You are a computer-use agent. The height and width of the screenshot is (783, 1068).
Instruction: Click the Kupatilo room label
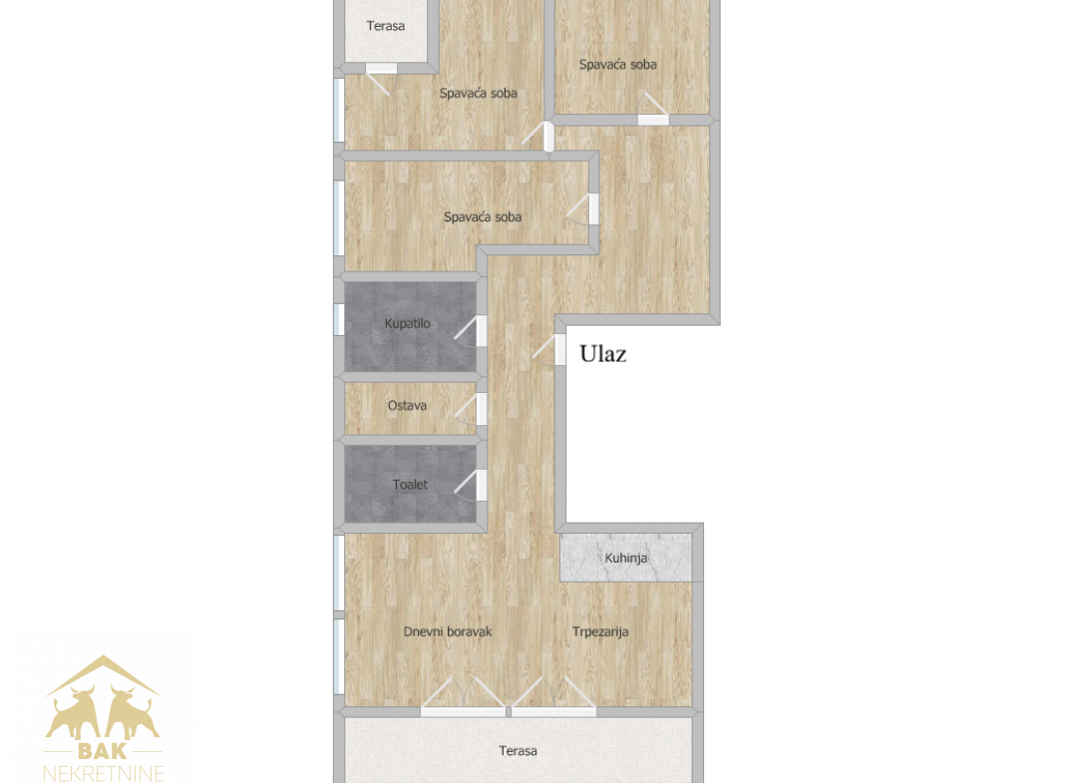coord(407,324)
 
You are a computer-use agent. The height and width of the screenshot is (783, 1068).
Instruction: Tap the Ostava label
coord(407,406)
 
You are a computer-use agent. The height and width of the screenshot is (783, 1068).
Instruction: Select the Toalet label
coord(410,485)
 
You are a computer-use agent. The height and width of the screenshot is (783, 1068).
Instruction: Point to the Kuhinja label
coord(626,559)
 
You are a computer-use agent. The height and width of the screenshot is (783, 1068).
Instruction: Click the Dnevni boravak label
coord(448,631)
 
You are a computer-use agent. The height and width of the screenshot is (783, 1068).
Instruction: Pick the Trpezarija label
coord(600,631)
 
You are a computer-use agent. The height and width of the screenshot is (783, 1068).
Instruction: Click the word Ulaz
coord(602,354)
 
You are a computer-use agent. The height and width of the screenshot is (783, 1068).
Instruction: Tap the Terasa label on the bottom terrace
coord(518,751)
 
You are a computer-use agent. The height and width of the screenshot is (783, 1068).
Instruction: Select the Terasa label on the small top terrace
coord(386,26)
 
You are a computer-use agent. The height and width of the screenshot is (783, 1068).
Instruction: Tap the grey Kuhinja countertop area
coord(626,558)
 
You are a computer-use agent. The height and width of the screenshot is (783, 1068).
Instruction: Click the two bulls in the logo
coord(103,713)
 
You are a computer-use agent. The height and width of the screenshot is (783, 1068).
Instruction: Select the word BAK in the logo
coord(103,751)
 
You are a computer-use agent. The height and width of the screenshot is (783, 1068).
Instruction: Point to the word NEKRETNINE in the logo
coord(104,773)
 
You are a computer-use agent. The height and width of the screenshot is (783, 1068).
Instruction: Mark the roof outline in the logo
coord(103,675)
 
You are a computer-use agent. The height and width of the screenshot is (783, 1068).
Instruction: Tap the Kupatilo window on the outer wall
coord(338,319)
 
